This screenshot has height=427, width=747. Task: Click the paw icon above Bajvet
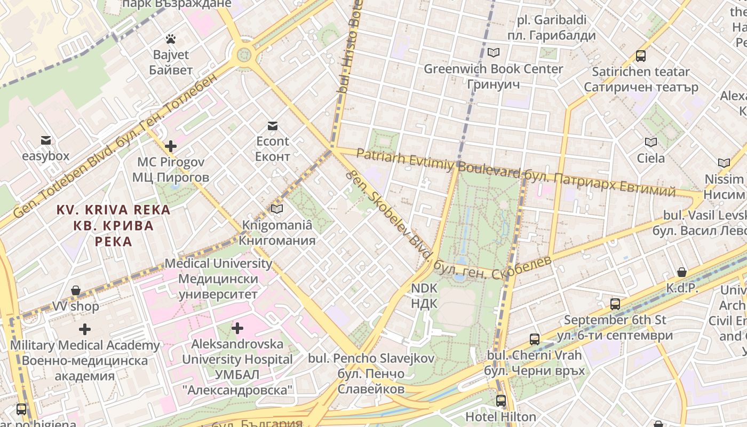point(171,39)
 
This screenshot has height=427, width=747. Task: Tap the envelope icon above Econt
point(273,126)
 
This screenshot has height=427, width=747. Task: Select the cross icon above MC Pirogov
point(171,146)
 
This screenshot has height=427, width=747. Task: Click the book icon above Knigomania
point(276,209)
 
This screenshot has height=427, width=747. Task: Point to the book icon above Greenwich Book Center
point(494,52)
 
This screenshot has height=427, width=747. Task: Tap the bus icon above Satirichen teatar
point(641,56)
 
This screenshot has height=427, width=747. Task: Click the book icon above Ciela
point(650,142)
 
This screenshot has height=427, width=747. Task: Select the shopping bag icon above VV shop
point(76,290)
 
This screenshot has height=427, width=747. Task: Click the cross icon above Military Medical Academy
point(84,329)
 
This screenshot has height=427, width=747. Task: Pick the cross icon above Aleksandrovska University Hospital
point(237,328)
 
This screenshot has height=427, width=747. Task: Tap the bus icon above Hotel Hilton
point(500,400)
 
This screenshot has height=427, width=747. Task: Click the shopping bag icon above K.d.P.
point(681,272)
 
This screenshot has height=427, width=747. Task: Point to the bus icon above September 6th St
point(615,304)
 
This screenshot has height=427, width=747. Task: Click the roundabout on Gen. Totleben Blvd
point(244,54)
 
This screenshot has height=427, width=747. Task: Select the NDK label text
point(424,289)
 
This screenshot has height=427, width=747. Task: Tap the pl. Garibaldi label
point(552,20)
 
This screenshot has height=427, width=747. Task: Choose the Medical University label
point(218,263)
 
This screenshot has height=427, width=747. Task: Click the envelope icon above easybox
point(46,140)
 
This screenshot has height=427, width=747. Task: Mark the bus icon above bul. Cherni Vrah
point(534,339)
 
